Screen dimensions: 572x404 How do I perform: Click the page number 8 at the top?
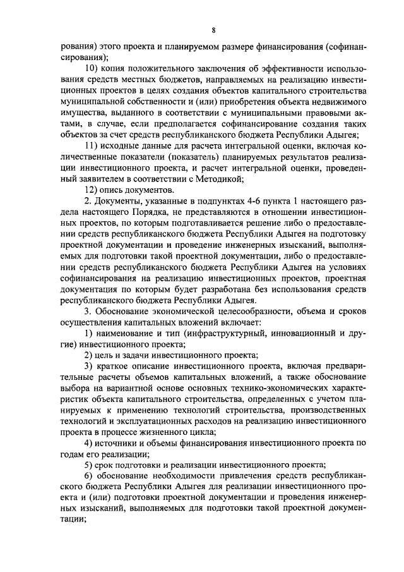click(213, 29)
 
